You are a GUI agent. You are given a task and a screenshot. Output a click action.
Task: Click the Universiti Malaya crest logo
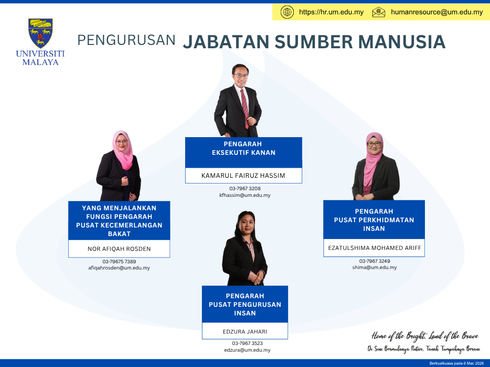[40, 33]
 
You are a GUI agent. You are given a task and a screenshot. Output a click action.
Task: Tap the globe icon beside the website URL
[287, 12]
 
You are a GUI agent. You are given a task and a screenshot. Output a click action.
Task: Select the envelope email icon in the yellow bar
[379, 12]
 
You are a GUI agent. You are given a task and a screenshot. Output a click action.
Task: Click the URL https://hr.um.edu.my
[331, 12]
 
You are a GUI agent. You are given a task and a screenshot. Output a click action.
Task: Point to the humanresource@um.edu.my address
[437, 12]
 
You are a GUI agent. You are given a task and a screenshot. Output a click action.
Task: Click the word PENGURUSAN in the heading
[126, 40]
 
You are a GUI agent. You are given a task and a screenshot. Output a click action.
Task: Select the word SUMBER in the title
[313, 42]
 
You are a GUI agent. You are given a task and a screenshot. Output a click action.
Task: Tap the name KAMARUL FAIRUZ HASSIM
[243, 175]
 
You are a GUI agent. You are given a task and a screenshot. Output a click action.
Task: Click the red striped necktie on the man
[245, 108]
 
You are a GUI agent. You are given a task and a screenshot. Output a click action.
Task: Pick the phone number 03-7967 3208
[245, 188]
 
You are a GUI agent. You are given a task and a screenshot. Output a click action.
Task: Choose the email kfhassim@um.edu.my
[245, 195]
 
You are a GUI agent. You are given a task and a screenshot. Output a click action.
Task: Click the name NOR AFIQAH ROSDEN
[119, 248]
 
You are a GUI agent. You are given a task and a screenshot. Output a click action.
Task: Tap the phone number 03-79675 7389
[119, 261]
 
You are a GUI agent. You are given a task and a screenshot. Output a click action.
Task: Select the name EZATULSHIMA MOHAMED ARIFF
[374, 248]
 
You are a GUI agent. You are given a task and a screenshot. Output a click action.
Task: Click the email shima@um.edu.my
[374, 268]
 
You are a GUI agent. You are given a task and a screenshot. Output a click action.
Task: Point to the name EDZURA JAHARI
[245, 332]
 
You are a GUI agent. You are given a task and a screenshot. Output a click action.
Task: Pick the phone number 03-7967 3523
[247, 343]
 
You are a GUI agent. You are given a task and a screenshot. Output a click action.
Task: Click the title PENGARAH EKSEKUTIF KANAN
[244, 148]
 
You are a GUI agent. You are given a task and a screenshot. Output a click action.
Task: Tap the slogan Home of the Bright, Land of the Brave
[425, 336]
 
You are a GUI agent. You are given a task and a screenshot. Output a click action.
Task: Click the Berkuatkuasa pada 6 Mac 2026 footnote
[456, 363]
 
